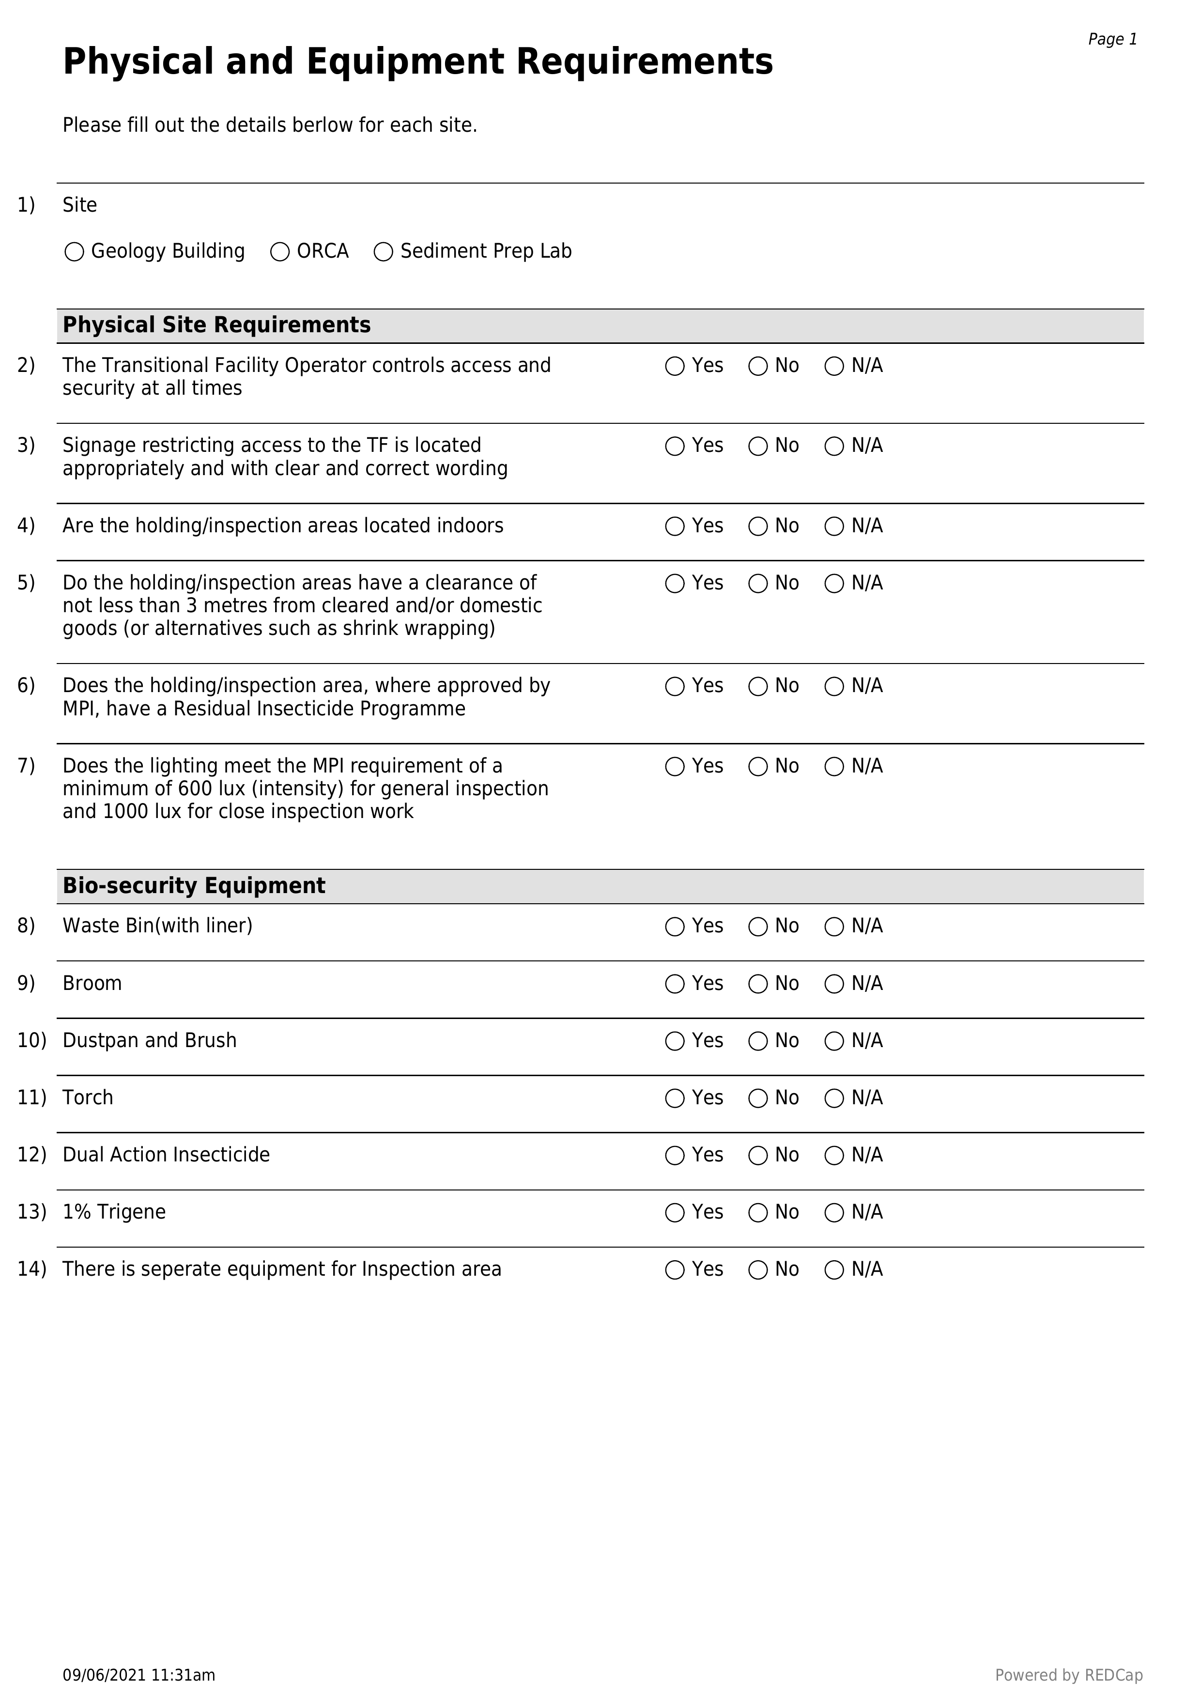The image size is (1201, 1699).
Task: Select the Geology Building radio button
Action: coord(74,252)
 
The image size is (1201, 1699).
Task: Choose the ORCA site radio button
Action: coord(280,252)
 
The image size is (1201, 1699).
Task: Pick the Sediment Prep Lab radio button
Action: coord(384,252)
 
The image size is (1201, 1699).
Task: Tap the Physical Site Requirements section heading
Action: coord(216,325)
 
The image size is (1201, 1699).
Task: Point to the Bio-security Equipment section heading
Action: coord(194,886)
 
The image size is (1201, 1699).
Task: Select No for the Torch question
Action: coord(758,1099)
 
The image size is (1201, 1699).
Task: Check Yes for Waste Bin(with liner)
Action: coord(675,927)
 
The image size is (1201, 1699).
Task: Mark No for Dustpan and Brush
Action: coord(758,1042)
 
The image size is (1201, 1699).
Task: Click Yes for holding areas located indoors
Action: coord(675,527)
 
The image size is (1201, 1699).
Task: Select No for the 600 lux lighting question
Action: coord(758,767)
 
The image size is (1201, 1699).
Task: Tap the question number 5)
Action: coord(26,583)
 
